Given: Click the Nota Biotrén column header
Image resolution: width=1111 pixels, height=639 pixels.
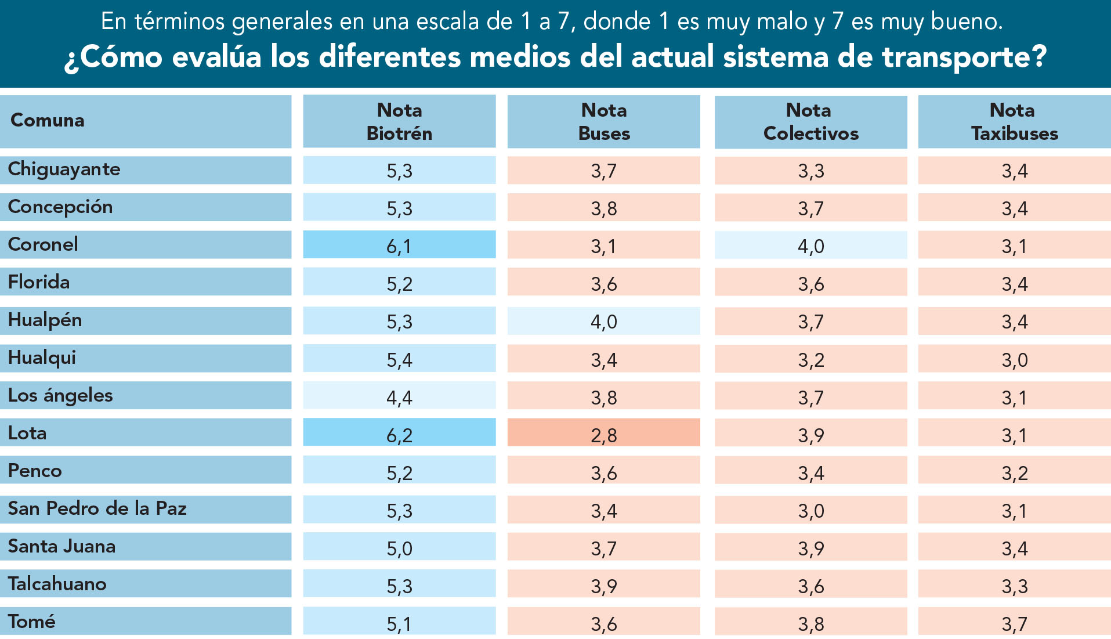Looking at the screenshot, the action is (x=399, y=121).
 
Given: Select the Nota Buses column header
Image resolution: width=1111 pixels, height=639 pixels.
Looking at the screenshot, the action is (x=604, y=121).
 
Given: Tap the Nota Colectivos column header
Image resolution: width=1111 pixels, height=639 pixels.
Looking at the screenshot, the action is (x=810, y=121).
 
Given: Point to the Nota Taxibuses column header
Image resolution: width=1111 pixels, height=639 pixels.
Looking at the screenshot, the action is (x=1014, y=121).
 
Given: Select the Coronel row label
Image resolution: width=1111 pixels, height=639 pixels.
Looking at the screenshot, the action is (x=43, y=244).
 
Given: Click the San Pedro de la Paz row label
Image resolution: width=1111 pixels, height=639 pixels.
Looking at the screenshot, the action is (x=97, y=508).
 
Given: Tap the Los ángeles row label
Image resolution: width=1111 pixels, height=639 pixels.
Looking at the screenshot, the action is (x=60, y=396).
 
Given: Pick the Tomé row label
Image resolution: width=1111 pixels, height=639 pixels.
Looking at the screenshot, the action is (x=32, y=622).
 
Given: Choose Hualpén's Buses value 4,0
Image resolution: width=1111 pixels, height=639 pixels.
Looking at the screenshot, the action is (x=604, y=322).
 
